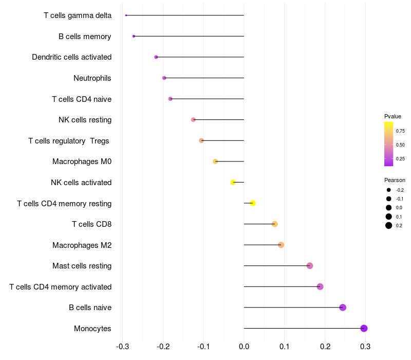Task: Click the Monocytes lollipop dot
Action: click(364, 328)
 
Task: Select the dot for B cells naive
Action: click(343, 308)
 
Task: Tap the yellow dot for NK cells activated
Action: click(233, 182)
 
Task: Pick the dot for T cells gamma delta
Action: click(126, 15)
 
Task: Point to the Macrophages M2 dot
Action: click(281, 245)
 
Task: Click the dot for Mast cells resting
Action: click(310, 266)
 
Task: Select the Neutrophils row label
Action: click(92, 78)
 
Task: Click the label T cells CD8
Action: click(91, 224)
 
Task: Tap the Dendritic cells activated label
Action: click(71, 57)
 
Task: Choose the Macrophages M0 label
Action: click(82, 161)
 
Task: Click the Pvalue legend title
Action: click(393, 116)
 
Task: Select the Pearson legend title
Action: click(395, 180)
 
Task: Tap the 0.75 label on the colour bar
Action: click(400, 131)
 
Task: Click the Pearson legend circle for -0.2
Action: click(389, 190)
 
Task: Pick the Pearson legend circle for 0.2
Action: click(389, 225)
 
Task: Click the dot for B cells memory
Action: click(134, 36)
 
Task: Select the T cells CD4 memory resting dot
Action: click(252, 203)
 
